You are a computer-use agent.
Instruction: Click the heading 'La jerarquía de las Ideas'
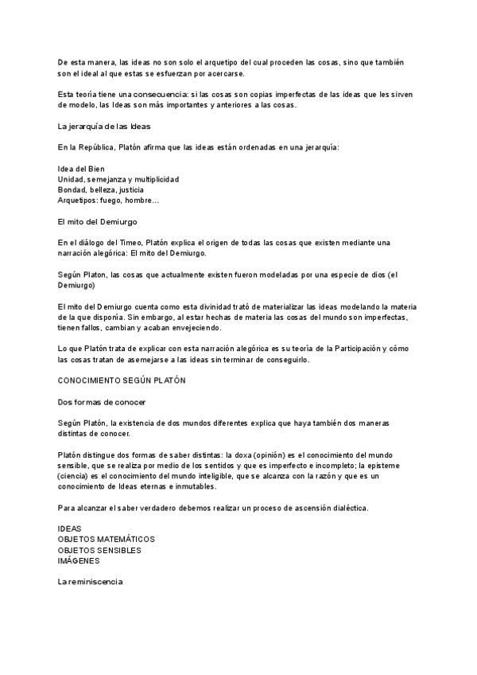[104, 127]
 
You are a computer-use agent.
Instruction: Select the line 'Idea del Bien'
[81, 169]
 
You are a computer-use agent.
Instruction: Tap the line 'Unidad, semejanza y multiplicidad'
[118, 179]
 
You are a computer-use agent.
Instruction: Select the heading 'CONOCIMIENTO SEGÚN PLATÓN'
[122, 380]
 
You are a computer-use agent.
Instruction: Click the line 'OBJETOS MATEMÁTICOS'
[107, 539]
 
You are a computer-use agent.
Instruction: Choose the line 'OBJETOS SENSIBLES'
[99, 549]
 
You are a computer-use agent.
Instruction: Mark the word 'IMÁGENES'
[79, 560]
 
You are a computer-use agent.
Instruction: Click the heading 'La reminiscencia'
[91, 583]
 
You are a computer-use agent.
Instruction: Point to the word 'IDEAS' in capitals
[70, 529]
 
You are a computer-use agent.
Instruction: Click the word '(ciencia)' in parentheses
[76, 476]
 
